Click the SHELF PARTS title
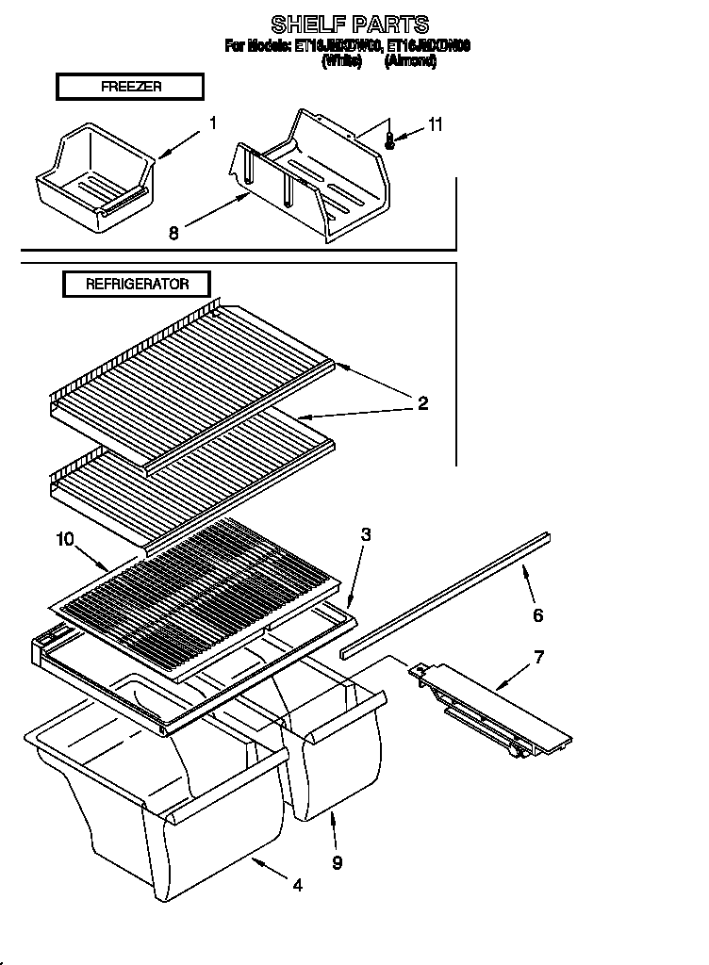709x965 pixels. pyautogui.click(x=350, y=24)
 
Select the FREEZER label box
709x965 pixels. pyautogui.click(x=130, y=87)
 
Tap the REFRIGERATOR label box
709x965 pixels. pyautogui.click(x=137, y=284)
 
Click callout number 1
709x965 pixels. pyautogui.click(x=213, y=122)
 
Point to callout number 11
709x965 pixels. pyautogui.click(x=435, y=124)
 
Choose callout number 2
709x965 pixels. pyautogui.click(x=422, y=403)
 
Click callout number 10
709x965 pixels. pyautogui.click(x=64, y=539)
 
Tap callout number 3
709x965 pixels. pyautogui.click(x=366, y=534)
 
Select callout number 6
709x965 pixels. pyautogui.click(x=538, y=615)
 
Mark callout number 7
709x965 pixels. pyautogui.click(x=538, y=656)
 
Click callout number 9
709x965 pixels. pyautogui.click(x=338, y=861)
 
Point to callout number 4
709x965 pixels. pyautogui.click(x=298, y=885)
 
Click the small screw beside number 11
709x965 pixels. pyautogui.click(x=391, y=139)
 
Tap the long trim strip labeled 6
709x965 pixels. pyautogui.click(x=443, y=594)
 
